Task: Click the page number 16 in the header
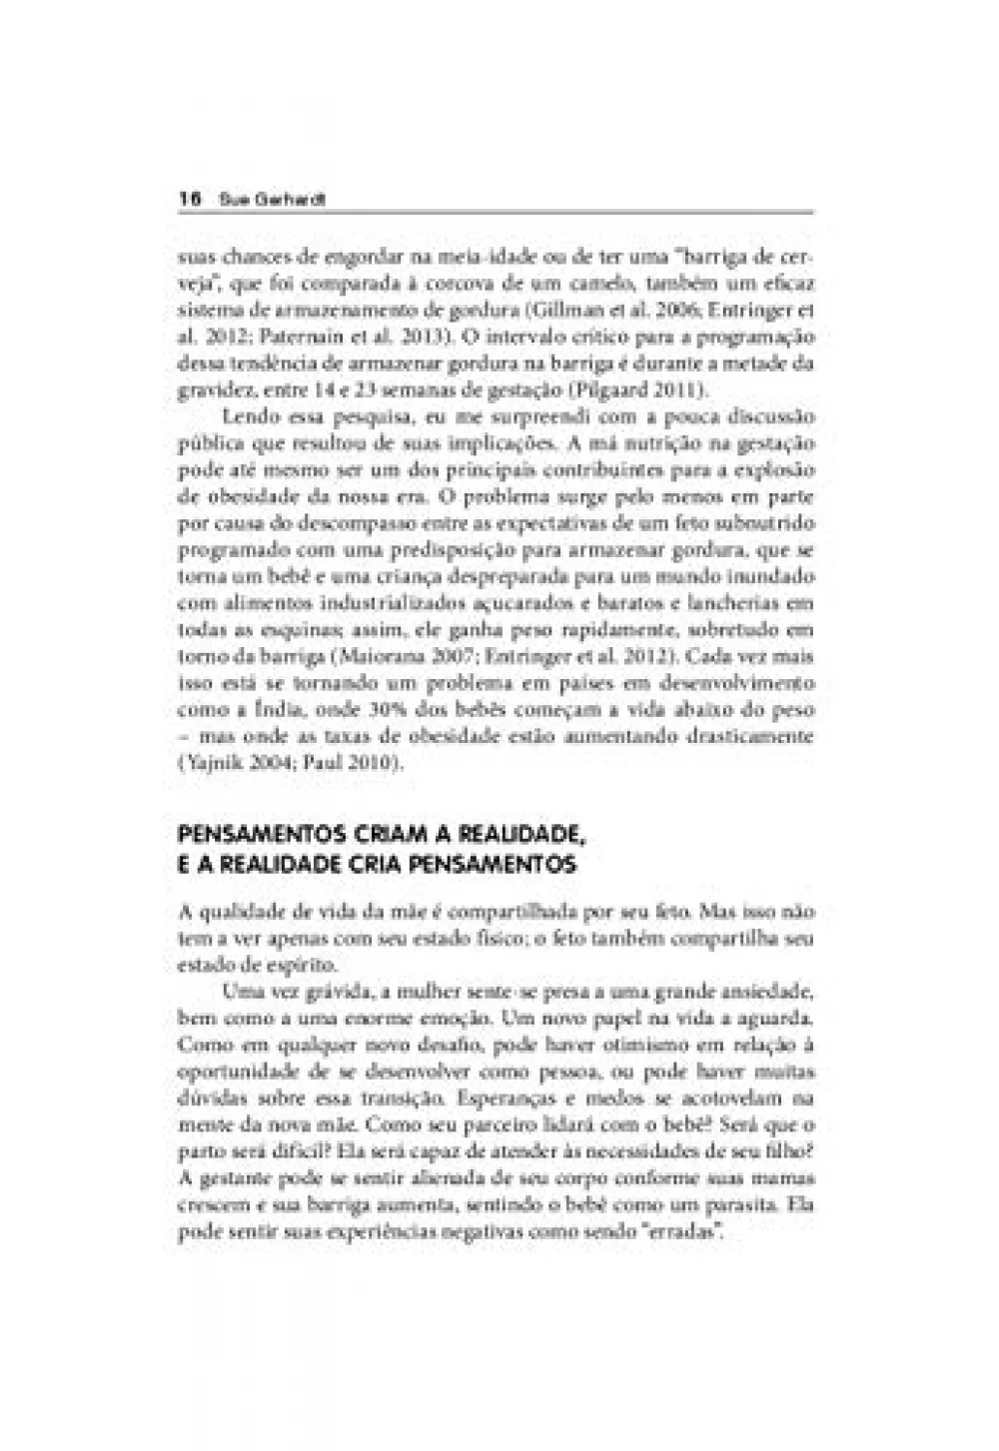pos(185,200)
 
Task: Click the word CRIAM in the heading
pos(352,832)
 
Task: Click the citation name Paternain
pos(266,335)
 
